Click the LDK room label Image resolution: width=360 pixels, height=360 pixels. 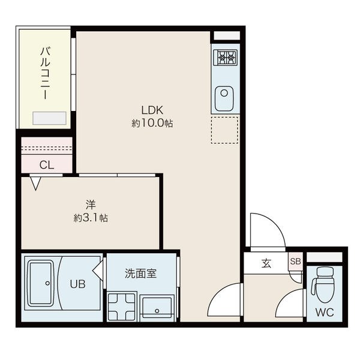[152, 110]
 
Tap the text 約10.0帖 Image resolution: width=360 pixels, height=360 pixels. [152, 124]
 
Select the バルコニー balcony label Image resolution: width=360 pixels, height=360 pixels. [45, 73]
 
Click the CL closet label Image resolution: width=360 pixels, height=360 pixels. [47, 165]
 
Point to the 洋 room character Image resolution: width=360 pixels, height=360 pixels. [91, 205]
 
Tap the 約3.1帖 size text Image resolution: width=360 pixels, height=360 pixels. [91, 218]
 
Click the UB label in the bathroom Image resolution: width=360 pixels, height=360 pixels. [77, 284]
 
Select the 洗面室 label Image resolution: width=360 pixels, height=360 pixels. [140, 274]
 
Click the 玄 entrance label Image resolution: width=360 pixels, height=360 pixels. [266, 263]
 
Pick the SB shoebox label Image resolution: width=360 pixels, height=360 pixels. [295, 261]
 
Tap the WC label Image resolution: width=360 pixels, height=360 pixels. [324, 312]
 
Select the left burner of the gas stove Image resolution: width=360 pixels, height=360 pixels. [222, 57]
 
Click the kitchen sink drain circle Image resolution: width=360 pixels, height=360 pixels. [224, 93]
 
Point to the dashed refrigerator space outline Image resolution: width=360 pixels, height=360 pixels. [224, 130]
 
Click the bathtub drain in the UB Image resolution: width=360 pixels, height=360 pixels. [47, 283]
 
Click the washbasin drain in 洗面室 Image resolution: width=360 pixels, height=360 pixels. [157, 311]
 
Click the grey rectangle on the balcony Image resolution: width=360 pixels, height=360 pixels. [49, 118]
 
